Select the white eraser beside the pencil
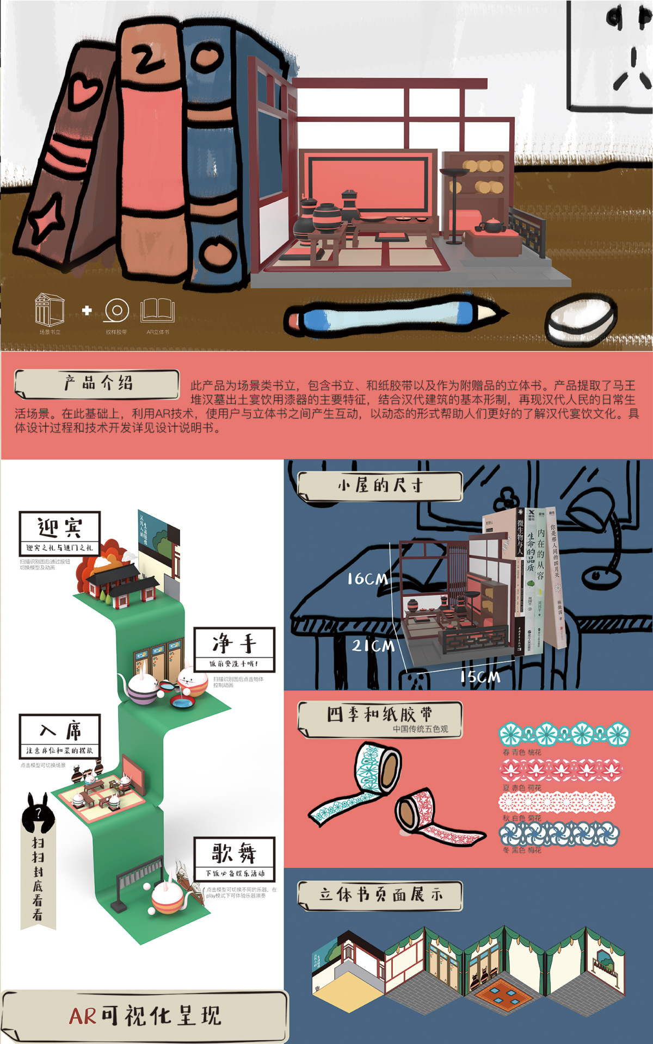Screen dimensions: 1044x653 coord(581,318)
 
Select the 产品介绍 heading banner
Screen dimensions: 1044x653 coord(97,383)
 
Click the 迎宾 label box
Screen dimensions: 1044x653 coord(60,533)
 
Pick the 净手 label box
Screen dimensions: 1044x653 coord(235,649)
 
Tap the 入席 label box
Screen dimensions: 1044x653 coord(60,736)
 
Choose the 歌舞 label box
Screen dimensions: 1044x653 coord(235,859)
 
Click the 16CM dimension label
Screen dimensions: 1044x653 coord(368,579)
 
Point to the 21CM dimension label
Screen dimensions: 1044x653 coord(373,645)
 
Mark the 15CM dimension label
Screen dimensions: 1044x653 coord(480,677)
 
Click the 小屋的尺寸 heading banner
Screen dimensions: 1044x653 coord(380,485)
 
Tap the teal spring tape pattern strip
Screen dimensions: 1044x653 coord(564,734)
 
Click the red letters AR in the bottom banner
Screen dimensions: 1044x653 coord(82,1015)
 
